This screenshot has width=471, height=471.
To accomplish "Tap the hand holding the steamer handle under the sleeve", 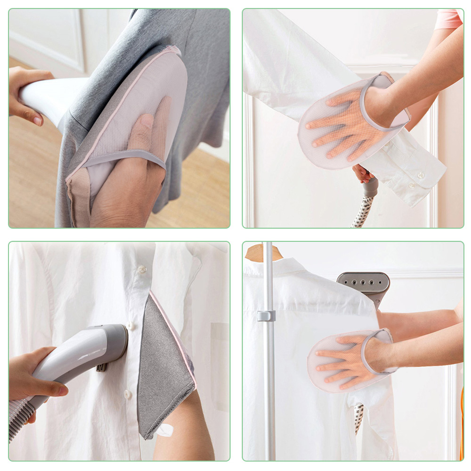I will click(363, 174).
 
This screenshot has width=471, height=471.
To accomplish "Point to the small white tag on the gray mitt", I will click(165, 430).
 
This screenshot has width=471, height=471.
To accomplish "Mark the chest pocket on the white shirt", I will click(219, 344).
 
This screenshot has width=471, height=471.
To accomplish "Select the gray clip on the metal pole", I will click(266, 316).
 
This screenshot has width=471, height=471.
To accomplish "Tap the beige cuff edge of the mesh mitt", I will click(78, 198).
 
